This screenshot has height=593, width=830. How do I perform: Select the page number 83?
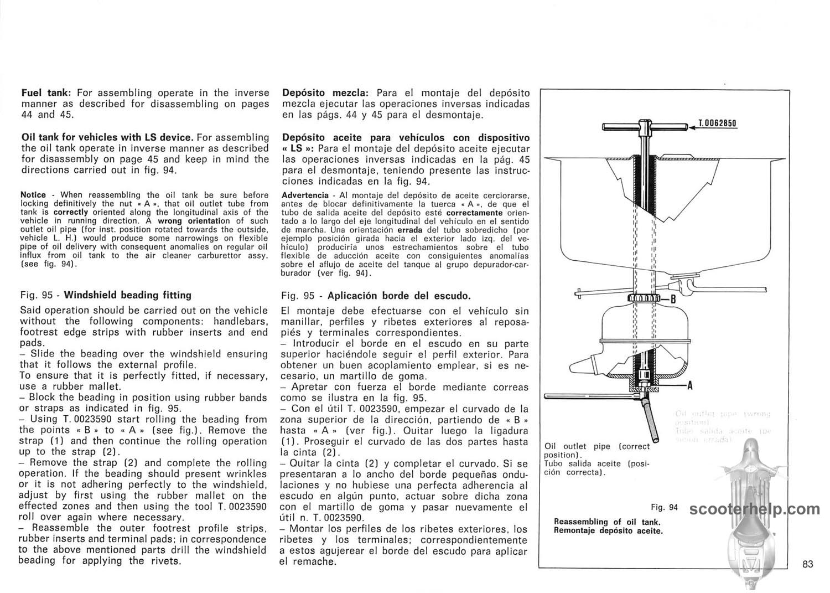coord(807,564)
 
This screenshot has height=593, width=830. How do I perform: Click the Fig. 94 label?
coord(664,507)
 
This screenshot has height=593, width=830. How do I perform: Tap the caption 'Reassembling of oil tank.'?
coord(607,522)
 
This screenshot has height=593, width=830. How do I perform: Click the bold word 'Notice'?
coord(33,195)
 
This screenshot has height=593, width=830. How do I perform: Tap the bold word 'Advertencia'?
coord(305,195)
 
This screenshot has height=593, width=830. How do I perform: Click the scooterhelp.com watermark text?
coord(755,509)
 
